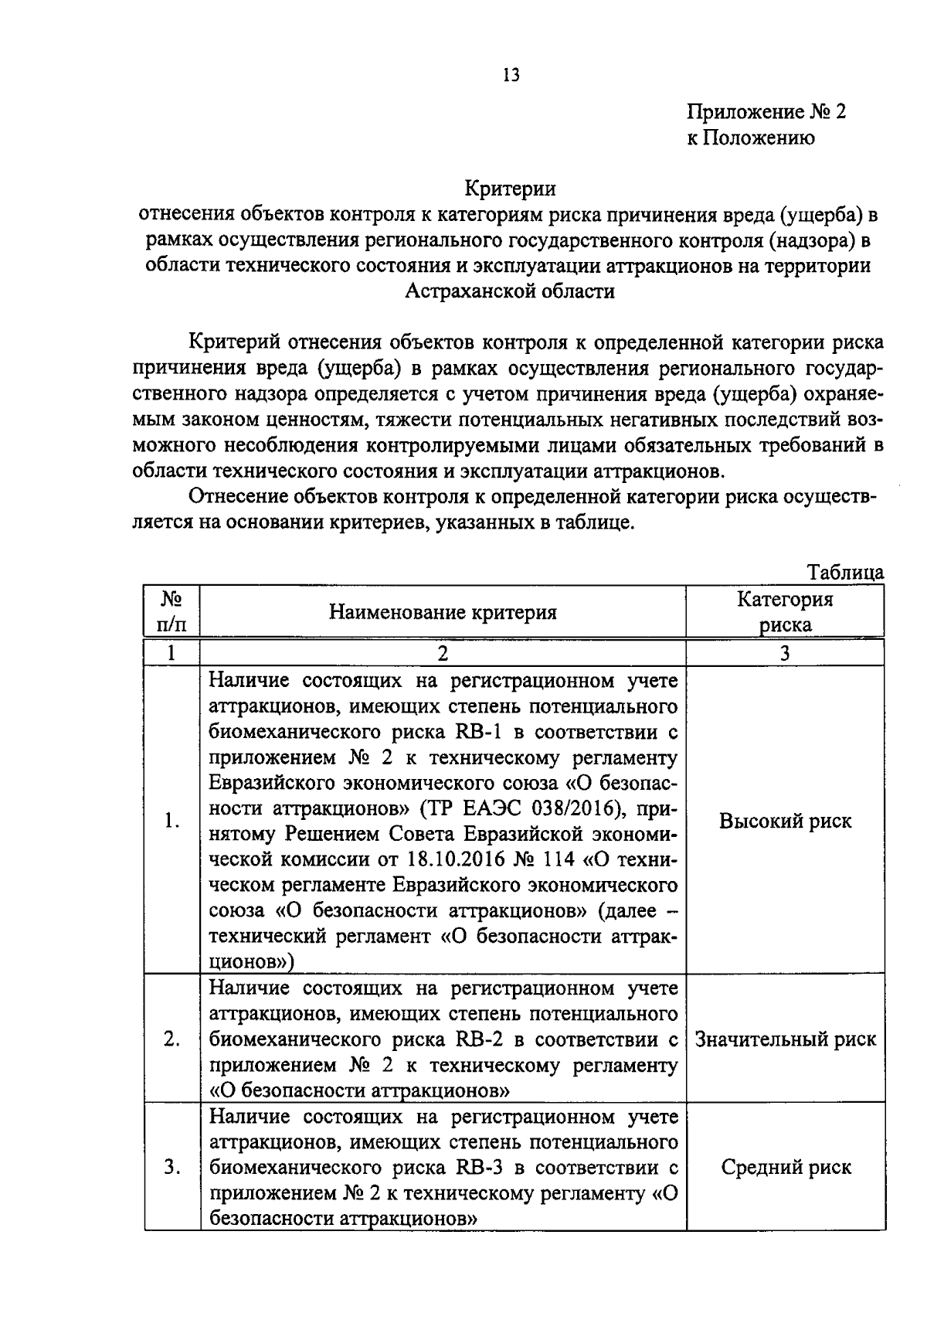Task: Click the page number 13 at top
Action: (x=511, y=75)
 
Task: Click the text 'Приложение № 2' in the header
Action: (x=766, y=112)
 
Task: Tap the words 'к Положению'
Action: (x=750, y=138)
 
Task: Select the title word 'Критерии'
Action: (x=510, y=188)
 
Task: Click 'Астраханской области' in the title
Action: (x=510, y=292)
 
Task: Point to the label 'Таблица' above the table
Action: (x=845, y=573)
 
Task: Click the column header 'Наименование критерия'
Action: (x=443, y=612)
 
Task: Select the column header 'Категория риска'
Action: (x=785, y=612)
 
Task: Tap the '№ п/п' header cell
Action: (x=171, y=612)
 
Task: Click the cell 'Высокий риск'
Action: (x=785, y=821)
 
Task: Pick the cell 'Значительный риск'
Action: (x=785, y=1039)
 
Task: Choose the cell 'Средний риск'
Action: (x=785, y=1167)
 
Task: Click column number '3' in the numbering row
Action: (x=785, y=653)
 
